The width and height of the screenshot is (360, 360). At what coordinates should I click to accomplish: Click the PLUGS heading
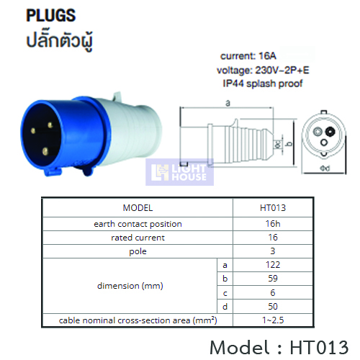(x=51, y=16)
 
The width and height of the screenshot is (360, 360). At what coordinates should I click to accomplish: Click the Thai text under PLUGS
(x=59, y=41)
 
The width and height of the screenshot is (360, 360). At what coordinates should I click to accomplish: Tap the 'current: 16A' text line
(x=248, y=56)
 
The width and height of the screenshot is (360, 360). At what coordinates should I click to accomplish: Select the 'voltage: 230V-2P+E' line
(x=263, y=70)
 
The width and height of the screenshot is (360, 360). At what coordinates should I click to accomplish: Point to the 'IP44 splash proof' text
(x=263, y=84)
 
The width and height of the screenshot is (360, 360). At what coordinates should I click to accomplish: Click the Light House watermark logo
(x=179, y=172)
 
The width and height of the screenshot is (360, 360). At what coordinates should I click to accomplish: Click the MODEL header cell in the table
(x=138, y=208)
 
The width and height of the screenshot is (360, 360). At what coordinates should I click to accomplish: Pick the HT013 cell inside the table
(x=273, y=208)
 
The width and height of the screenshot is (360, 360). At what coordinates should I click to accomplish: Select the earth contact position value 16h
(x=273, y=224)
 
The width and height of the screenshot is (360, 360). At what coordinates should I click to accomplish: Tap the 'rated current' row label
(x=138, y=238)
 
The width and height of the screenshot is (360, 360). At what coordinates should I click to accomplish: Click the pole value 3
(x=273, y=251)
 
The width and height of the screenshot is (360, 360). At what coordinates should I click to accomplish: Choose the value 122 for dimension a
(x=273, y=265)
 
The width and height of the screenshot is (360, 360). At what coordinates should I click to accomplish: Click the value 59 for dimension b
(x=273, y=279)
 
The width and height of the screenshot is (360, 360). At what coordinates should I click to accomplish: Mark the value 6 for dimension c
(x=273, y=292)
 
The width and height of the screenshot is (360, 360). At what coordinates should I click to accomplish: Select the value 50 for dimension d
(x=273, y=307)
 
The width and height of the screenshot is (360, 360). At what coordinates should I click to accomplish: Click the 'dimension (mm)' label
(x=130, y=286)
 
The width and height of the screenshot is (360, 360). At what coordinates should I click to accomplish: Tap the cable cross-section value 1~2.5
(x=273, y=320)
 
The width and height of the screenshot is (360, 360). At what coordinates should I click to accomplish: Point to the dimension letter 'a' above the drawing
(x=228, y=103)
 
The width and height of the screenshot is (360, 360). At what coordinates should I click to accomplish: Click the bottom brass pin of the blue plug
(x=45, y=151)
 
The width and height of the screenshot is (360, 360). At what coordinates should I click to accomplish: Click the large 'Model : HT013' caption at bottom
(x=279, y=347)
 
